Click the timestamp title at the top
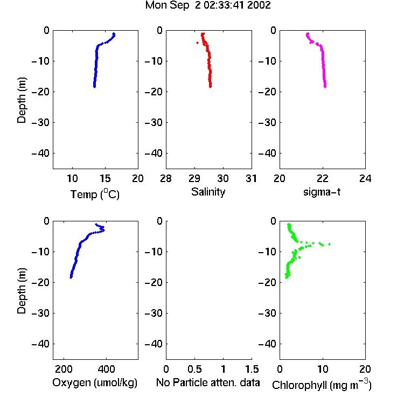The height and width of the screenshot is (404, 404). click(x=208, y=5)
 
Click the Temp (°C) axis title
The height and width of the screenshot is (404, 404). click(x=95, y=194)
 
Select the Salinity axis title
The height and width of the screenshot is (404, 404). click(x=208, y=192)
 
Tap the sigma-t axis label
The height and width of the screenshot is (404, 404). click(x=322, y=192)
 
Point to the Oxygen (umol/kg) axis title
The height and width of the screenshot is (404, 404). click(x=95, y=382)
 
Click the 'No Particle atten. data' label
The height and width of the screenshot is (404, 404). click(x=208, y=382)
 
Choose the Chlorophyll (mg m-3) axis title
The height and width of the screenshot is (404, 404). click(x=322, y=385)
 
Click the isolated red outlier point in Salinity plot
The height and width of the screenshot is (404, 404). click(x=197, y=43)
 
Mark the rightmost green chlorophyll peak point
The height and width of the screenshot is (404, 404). click(x=329, y=244)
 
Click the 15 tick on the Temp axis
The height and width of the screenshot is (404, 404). click(x=105, y=178)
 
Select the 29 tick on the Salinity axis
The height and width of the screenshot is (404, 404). click(x=194, y=178)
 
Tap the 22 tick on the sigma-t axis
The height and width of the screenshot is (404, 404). click(x=322, y=178)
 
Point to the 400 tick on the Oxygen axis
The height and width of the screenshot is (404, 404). click(x=106, y=369)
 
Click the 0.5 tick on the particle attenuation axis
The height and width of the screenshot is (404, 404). click(x=194, y=369)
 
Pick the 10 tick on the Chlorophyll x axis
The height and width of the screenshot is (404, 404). click(x=322, y=369)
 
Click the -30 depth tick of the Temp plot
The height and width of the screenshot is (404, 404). click(x=40, y=122)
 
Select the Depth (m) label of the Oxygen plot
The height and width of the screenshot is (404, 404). click(x=22, y=291)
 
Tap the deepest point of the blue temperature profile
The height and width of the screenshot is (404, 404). click(x=95, y=87)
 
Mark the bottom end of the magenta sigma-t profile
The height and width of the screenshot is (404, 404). click(x=325, y=87)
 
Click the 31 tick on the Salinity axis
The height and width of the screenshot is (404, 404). click(x=251, y=178)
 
